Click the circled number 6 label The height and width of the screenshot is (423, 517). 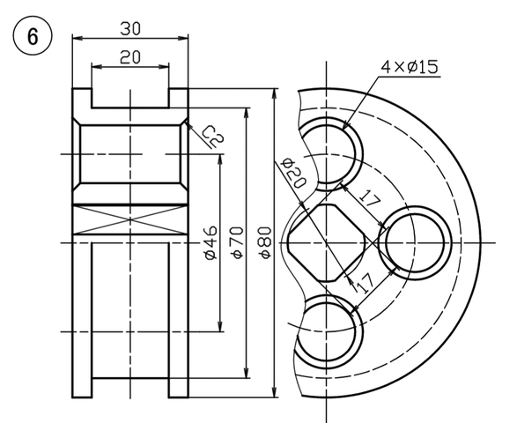[x=33, y=35]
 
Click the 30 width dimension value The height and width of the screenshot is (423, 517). [x=130, y=28]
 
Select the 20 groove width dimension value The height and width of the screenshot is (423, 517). [x=130, y=57]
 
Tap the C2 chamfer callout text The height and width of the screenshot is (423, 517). [x=213, y=136]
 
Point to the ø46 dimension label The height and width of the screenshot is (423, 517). [x=211, y=242]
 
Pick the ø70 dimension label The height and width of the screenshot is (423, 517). [x=237, y=242]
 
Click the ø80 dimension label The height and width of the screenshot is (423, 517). [x=265, y=242]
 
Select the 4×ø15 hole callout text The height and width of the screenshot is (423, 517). [x=410, y=67]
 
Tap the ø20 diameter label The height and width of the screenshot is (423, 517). [x=293, y=173]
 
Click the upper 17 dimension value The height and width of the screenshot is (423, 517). [x=369, y=198]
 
